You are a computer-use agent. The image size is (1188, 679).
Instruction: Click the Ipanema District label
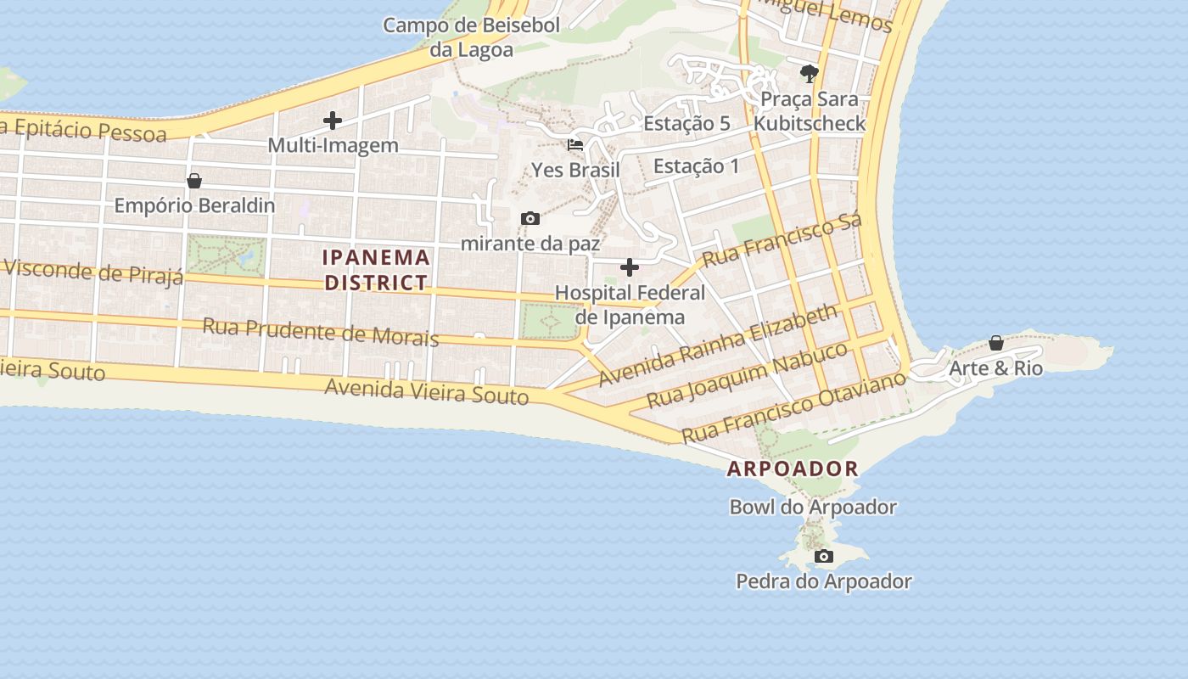[376, 270]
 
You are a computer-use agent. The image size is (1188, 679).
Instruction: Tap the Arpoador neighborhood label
[793, 469]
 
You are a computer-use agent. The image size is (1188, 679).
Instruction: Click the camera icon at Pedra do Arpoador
[823, 557]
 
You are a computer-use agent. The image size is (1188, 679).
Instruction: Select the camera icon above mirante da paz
[530, 219]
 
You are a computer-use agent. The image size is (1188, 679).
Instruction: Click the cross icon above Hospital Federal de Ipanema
[630, 268]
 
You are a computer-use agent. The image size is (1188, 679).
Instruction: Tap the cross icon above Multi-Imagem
[333, 121]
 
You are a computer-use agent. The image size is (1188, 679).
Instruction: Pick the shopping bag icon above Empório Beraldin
[194, 181]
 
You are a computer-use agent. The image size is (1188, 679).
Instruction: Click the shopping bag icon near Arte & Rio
[996, 344]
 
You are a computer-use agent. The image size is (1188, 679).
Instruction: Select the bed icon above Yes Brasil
[575, 145]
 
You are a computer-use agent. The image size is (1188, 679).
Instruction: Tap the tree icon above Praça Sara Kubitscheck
[809, 74]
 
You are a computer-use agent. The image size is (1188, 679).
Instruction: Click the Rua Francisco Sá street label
[782, 239]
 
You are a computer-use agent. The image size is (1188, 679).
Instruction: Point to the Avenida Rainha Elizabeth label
[718, 346]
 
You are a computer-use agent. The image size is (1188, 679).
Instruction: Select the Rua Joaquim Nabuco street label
[748, 374]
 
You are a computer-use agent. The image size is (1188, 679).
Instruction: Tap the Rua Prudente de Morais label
[320, 332]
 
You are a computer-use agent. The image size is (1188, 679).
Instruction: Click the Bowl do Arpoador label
[813, 508]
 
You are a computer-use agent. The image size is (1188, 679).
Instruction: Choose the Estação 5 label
[686, 124]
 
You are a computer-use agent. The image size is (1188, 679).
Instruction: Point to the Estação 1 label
[697, 166]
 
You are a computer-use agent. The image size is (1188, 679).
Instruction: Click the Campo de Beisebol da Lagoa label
[472, 37]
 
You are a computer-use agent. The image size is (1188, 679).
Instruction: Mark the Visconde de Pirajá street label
[93, 272]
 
